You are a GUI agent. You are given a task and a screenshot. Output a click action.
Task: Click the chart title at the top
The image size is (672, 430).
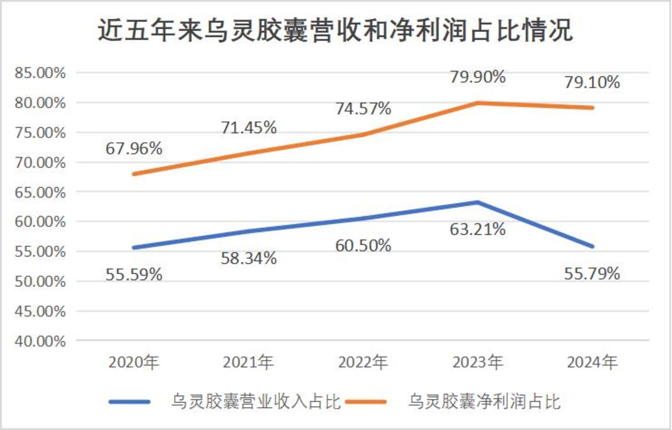pos(336,31)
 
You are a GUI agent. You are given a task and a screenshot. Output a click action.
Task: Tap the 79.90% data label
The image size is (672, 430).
pos(477,77)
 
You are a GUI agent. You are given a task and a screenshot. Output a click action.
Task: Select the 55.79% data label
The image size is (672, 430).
pos(592,274)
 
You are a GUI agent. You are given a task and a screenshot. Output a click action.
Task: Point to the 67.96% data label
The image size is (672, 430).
pos(134,148)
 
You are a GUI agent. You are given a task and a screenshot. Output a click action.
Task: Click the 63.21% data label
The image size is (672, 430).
pos(477,229)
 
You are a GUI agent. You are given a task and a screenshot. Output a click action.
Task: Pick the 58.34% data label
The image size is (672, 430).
pos(248,259)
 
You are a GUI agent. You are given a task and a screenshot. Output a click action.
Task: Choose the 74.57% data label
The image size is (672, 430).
pos(363,109)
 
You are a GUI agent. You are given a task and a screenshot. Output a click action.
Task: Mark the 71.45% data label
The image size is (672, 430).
pos(248,127)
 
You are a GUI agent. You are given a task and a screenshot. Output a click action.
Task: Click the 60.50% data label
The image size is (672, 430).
pos(363,246)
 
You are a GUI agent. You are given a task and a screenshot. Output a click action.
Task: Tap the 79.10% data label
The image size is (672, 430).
pos(592,83)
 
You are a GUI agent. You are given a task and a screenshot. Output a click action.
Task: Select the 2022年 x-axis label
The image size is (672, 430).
pos(363,362)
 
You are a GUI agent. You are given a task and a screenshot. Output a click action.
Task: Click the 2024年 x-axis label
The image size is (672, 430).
pos(592,362)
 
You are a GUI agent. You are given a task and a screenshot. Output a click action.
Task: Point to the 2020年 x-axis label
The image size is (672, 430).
pos(134,362)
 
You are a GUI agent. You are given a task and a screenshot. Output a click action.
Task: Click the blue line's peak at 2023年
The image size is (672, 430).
pos(477,202)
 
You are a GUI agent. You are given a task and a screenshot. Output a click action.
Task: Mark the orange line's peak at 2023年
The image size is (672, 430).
pos(477,103)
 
